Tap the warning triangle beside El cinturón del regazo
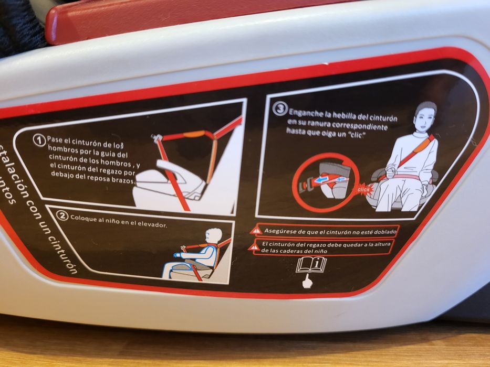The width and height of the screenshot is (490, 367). coord(254,247)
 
